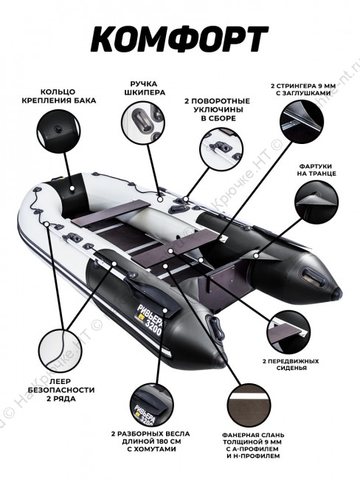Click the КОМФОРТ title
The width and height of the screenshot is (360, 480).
point(179,39)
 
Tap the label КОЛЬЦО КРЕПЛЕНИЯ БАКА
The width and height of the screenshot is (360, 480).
point(59,96)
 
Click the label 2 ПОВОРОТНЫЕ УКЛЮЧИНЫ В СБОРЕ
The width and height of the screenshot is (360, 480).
point(217,109)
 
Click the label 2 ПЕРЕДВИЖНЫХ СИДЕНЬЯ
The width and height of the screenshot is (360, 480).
point(291,365)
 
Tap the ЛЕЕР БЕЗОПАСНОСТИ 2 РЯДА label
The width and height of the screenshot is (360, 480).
point(61,390)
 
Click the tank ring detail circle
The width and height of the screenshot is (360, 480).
point(58,130)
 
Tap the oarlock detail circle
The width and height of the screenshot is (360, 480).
point(221,149)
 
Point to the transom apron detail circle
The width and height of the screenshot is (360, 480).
point(316,202)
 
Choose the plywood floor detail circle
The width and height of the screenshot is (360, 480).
point(249,405)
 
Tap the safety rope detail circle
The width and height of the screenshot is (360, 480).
point(60,350)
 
